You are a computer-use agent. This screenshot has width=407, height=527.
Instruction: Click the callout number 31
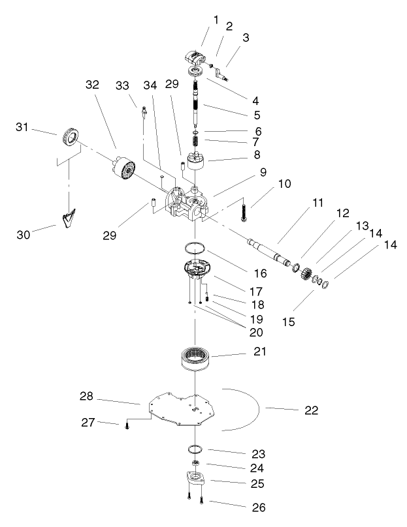22,127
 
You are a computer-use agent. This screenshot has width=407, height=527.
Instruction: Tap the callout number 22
312,410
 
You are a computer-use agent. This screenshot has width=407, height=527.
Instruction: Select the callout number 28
86,396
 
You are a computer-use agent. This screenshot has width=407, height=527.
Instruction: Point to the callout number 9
263,172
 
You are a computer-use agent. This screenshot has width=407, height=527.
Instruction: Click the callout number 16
260,273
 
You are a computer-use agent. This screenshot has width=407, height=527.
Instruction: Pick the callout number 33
122,85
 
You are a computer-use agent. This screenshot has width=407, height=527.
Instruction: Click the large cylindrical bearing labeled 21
194,359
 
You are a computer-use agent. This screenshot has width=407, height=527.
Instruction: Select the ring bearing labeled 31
71,138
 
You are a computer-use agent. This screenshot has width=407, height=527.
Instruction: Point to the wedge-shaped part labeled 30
69,218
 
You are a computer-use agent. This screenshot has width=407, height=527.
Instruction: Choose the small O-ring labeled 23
195,449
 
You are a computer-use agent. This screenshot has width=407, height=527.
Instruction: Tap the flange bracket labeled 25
195,478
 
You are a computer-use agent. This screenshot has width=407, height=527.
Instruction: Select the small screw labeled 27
127,425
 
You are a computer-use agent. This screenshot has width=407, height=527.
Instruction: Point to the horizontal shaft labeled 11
269,252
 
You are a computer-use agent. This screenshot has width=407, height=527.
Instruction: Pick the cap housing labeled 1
195,58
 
